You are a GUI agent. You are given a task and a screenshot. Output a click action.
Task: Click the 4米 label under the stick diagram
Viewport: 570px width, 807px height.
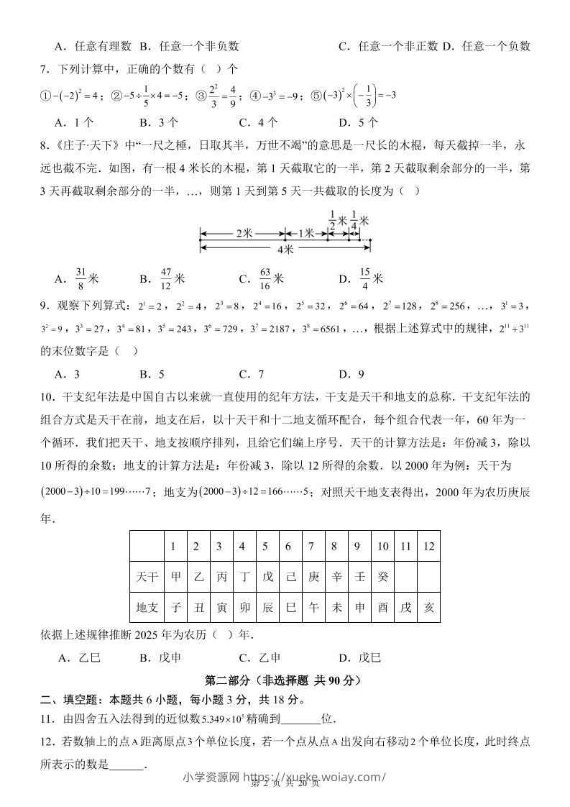pyautogui.click(x=285, y=250)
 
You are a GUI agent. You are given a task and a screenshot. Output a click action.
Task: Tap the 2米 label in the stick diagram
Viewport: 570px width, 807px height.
pyautogui.click(x=242, y=234)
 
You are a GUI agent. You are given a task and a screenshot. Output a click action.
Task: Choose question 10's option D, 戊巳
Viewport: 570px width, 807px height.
pyautogui.click(x=359, y=657)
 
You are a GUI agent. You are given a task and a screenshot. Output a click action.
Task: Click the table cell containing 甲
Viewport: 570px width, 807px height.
pyautogui.click(x=173, y=577)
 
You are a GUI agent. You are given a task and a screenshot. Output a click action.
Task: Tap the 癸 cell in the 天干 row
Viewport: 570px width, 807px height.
pyautogui.click(x=382, y=577)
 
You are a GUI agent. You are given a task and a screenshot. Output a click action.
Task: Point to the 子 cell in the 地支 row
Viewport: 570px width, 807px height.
pyautogui.click(x=173, y=607)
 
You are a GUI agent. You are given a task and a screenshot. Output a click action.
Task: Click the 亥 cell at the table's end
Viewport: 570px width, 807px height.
pyautogui.click(x=429, y=607)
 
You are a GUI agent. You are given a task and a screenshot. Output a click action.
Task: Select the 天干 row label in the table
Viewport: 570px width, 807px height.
pyautogui.click(x=147, y=577)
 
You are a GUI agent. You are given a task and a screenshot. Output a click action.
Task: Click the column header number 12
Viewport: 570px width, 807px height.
pyautogui.click(x=429, y=547)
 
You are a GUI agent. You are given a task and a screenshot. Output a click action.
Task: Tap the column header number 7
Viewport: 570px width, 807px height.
pyautogui.click(x=311, y=547)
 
